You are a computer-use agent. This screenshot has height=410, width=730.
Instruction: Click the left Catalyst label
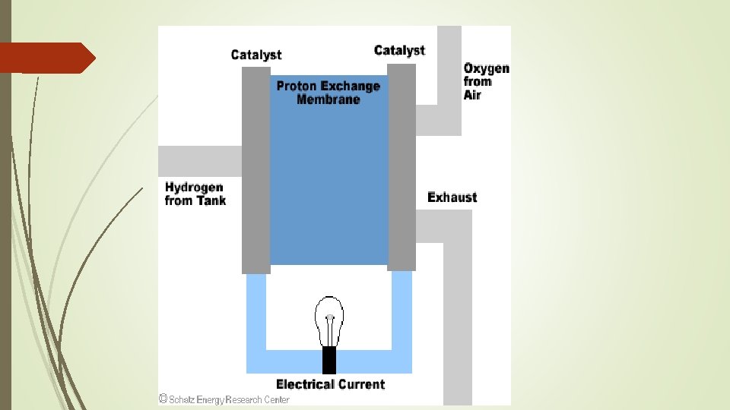(x=255, y=55)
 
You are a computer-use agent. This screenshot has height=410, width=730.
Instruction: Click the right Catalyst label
(x=399, y=50)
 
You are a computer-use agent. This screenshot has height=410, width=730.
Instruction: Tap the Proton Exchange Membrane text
(x=328, y=93)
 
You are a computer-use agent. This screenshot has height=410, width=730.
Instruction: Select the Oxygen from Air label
(x=487, y=81)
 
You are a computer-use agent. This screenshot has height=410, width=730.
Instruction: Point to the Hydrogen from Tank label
(x=195, y=194)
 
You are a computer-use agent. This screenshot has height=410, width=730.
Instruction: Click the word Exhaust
(x=452, y=197)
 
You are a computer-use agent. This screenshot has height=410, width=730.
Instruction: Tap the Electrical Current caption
(x=330, y=384)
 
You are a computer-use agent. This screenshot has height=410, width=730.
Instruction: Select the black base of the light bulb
(x=329, y=359)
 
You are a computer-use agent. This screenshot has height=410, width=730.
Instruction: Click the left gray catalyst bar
(x=256, y=171)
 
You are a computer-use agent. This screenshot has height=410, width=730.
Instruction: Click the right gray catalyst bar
(x=401, y=167)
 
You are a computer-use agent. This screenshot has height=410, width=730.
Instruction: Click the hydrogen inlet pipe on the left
(x=199, y=160)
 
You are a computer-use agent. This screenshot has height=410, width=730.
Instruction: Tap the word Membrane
(x=328, y=99)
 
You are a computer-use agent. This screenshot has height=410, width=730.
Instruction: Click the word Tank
(x=211, y=200)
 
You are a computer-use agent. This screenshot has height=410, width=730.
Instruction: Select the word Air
(x=472, y=95)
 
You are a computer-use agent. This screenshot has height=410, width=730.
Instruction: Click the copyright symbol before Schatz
(x=163, y=399)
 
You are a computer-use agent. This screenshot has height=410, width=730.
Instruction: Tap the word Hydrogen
(x=194, y=187)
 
